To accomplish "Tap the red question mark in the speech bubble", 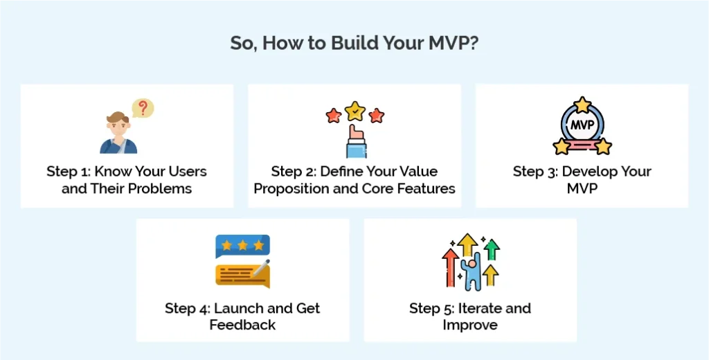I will [x=143, y=108].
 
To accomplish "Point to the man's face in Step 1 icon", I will [x=116, y=127].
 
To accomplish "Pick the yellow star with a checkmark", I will [x=354, y=110].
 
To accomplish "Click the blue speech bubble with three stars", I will [x=242, y=246].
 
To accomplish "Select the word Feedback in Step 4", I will [x=242, y=325].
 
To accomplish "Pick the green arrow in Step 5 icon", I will [x=492, y=249].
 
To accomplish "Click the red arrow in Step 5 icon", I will [x=450, y=267].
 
